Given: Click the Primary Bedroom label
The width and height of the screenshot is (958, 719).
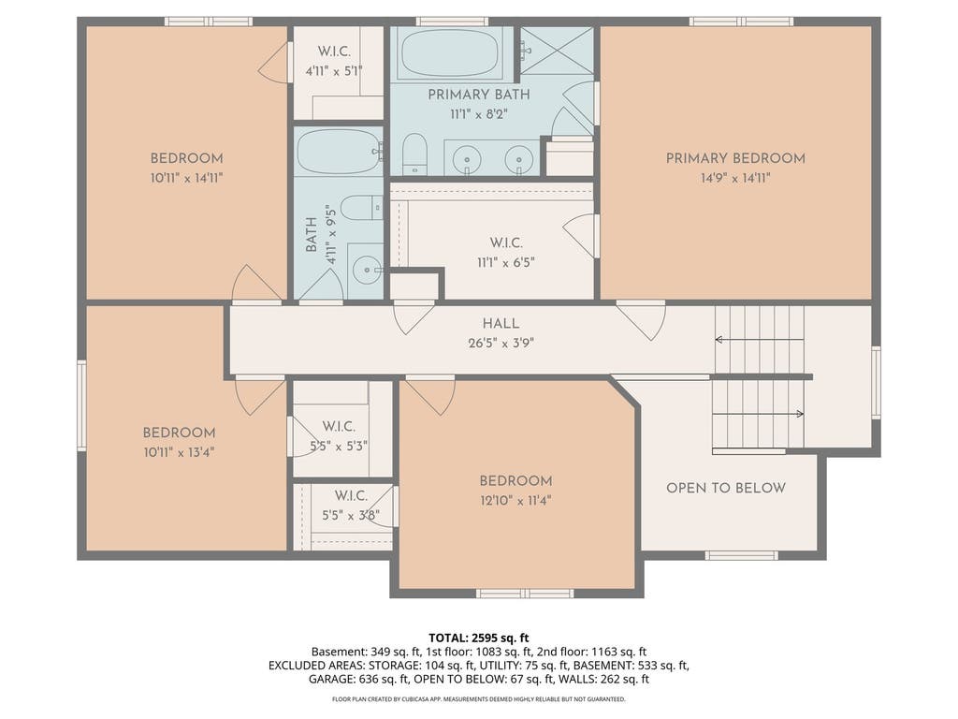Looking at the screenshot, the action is (x=735, y=158).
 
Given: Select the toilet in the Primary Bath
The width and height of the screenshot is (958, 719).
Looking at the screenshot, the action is (x=415, y=154).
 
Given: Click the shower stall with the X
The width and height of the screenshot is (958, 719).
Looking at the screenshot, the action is (x=557, y=51).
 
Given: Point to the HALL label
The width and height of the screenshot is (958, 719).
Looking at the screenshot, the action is (x=501, y=323).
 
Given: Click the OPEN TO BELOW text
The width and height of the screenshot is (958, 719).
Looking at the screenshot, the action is (x=726, y=488).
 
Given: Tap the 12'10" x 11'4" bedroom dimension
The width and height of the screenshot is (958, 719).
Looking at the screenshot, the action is (x=515, y=501).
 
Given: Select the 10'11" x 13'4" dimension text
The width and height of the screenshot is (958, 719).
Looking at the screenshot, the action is (x=179, y=452).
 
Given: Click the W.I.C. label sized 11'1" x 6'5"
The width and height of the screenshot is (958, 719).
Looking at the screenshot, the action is (x=506, y=242).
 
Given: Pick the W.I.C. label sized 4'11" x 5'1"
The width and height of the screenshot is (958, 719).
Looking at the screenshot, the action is (x=334, y=51).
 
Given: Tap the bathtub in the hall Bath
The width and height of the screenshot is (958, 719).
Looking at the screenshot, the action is (x=339, y=151).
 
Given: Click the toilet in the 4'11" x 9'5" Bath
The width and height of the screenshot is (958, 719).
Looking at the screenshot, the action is (x=361, y=208).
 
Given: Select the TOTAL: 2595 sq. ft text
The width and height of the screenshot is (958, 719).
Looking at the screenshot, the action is (x=478, y=638).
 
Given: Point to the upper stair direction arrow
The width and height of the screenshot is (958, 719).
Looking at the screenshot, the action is (x=760, y=339).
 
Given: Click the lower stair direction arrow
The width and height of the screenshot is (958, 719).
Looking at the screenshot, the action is (x=758, y=414).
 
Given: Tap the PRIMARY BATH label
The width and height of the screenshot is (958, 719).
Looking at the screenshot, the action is (x=479, y=95).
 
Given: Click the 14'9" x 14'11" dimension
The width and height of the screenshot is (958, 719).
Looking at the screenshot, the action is (x=735, y=178).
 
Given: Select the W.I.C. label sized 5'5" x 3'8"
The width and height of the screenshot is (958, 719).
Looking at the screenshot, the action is (x=351, y=496).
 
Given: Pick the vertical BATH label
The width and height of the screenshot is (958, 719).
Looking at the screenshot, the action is (x=311, y=235).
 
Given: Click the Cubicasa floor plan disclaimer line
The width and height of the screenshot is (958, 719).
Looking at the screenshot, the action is (x=478, y=698).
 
